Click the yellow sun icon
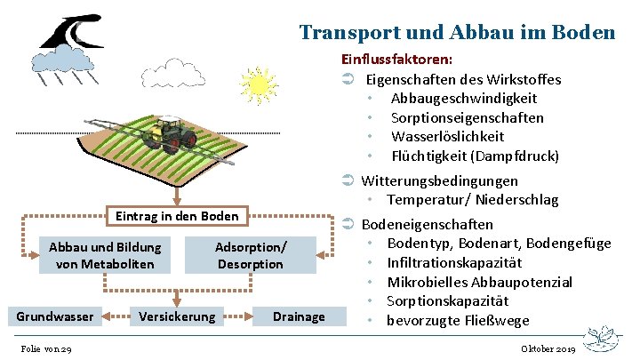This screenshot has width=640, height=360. click(x=258, y=85)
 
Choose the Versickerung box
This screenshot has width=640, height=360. click(x=176, y=316)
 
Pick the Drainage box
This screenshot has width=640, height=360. click(x=299, y=316)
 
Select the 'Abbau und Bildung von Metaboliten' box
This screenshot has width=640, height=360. click(x=105, y=255)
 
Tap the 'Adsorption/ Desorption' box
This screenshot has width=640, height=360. click(x=251, y=255)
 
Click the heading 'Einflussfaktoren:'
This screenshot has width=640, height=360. click(x=397, y=60)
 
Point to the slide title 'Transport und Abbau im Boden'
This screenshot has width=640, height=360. click(x=457, y=33)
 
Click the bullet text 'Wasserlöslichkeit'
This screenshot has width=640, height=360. click(x=447, y=137)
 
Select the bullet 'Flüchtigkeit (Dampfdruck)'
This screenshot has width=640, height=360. click(x=475, y=156)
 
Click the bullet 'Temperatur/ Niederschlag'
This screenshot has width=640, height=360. click(x=472, y=200)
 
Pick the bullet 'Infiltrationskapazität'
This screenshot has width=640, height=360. click(x=454, y=263)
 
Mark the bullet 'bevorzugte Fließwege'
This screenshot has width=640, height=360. click(x=458, y=321)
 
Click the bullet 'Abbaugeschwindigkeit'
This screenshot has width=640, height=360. click(x=463, y=99)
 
